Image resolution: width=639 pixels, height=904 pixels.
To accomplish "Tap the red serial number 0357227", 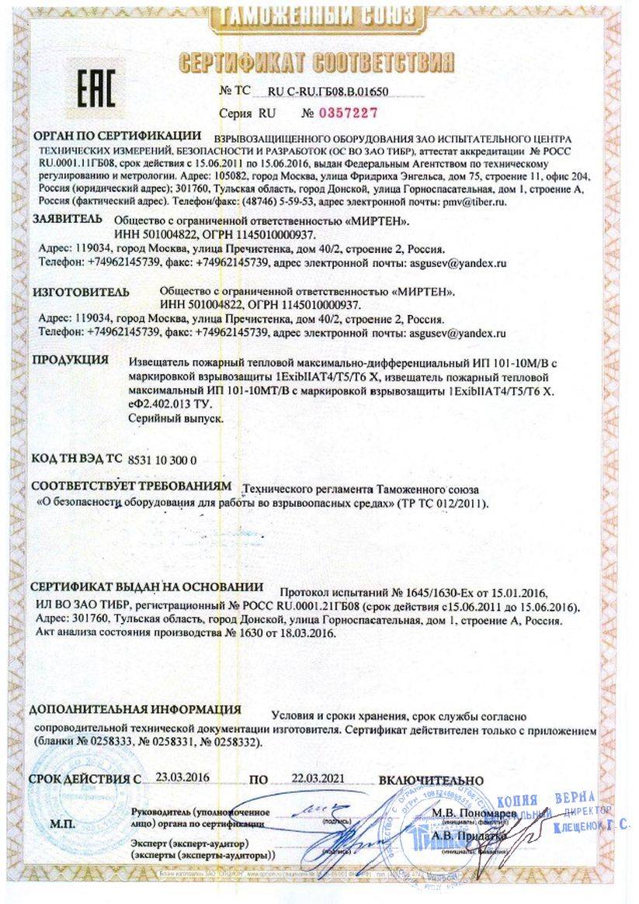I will pos(343,113).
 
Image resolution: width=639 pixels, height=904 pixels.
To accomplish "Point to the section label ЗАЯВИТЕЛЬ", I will pos(66,220).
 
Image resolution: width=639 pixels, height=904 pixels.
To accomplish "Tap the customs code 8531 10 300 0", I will pos(161,459).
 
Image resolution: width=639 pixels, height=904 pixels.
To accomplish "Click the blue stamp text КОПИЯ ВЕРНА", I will pos(555,798).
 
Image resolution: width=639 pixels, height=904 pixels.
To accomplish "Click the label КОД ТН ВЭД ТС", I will pos(76,459).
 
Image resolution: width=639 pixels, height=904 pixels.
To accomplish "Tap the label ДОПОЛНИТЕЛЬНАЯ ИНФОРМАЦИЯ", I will pos(135,709).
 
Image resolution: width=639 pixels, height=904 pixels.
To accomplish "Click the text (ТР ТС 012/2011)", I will pos(442,504).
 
